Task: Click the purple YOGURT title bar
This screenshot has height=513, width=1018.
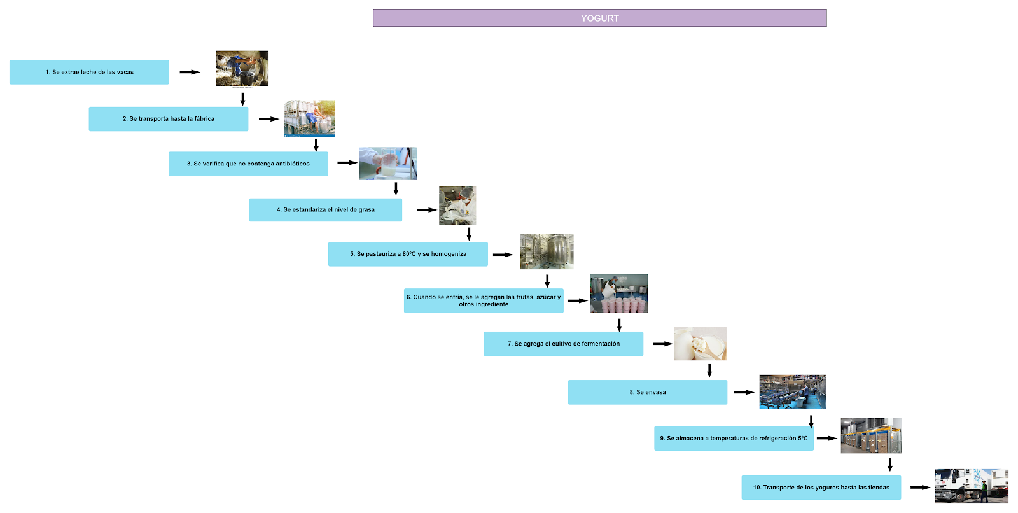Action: click(x=599, y=18)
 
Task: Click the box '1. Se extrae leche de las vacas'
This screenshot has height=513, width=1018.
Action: click(x=89, y=72)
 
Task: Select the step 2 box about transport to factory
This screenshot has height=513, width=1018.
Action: click(x=169, y=119)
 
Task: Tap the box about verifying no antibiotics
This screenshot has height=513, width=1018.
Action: click(x=248, y=164)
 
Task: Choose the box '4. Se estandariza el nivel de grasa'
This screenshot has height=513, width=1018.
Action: click(x=325, y=209)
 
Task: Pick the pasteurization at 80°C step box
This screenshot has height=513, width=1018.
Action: click(x=408, y=254)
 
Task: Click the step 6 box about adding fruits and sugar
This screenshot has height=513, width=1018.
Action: click(x=484, y=300)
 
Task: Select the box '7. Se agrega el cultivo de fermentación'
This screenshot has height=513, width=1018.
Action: click(x=563, y=344)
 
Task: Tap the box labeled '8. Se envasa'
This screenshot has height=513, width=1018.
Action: click(x=647, y=392)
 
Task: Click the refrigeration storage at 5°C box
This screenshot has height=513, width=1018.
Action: click(x=734, y=438)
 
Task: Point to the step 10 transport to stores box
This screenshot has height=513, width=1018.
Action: click(x=821, y=488)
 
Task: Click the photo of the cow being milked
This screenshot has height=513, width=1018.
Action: click(x=242, y=68)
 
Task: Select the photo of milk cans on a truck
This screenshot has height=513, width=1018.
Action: click(x=309, y=118)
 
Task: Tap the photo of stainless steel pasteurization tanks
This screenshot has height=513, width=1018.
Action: click(x=547, y=251)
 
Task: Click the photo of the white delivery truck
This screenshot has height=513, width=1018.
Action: click(x=971, y=486)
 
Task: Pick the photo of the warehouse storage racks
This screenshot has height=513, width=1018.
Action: click(x=871, y=435)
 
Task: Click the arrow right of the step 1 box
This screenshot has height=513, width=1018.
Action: click(x=190, y=72)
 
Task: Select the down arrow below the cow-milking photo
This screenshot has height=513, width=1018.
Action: click(x=242, y=99)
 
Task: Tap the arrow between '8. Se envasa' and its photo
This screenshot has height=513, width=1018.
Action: click(x=744, y=392)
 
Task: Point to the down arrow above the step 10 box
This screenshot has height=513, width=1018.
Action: click(x=889, y=465)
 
